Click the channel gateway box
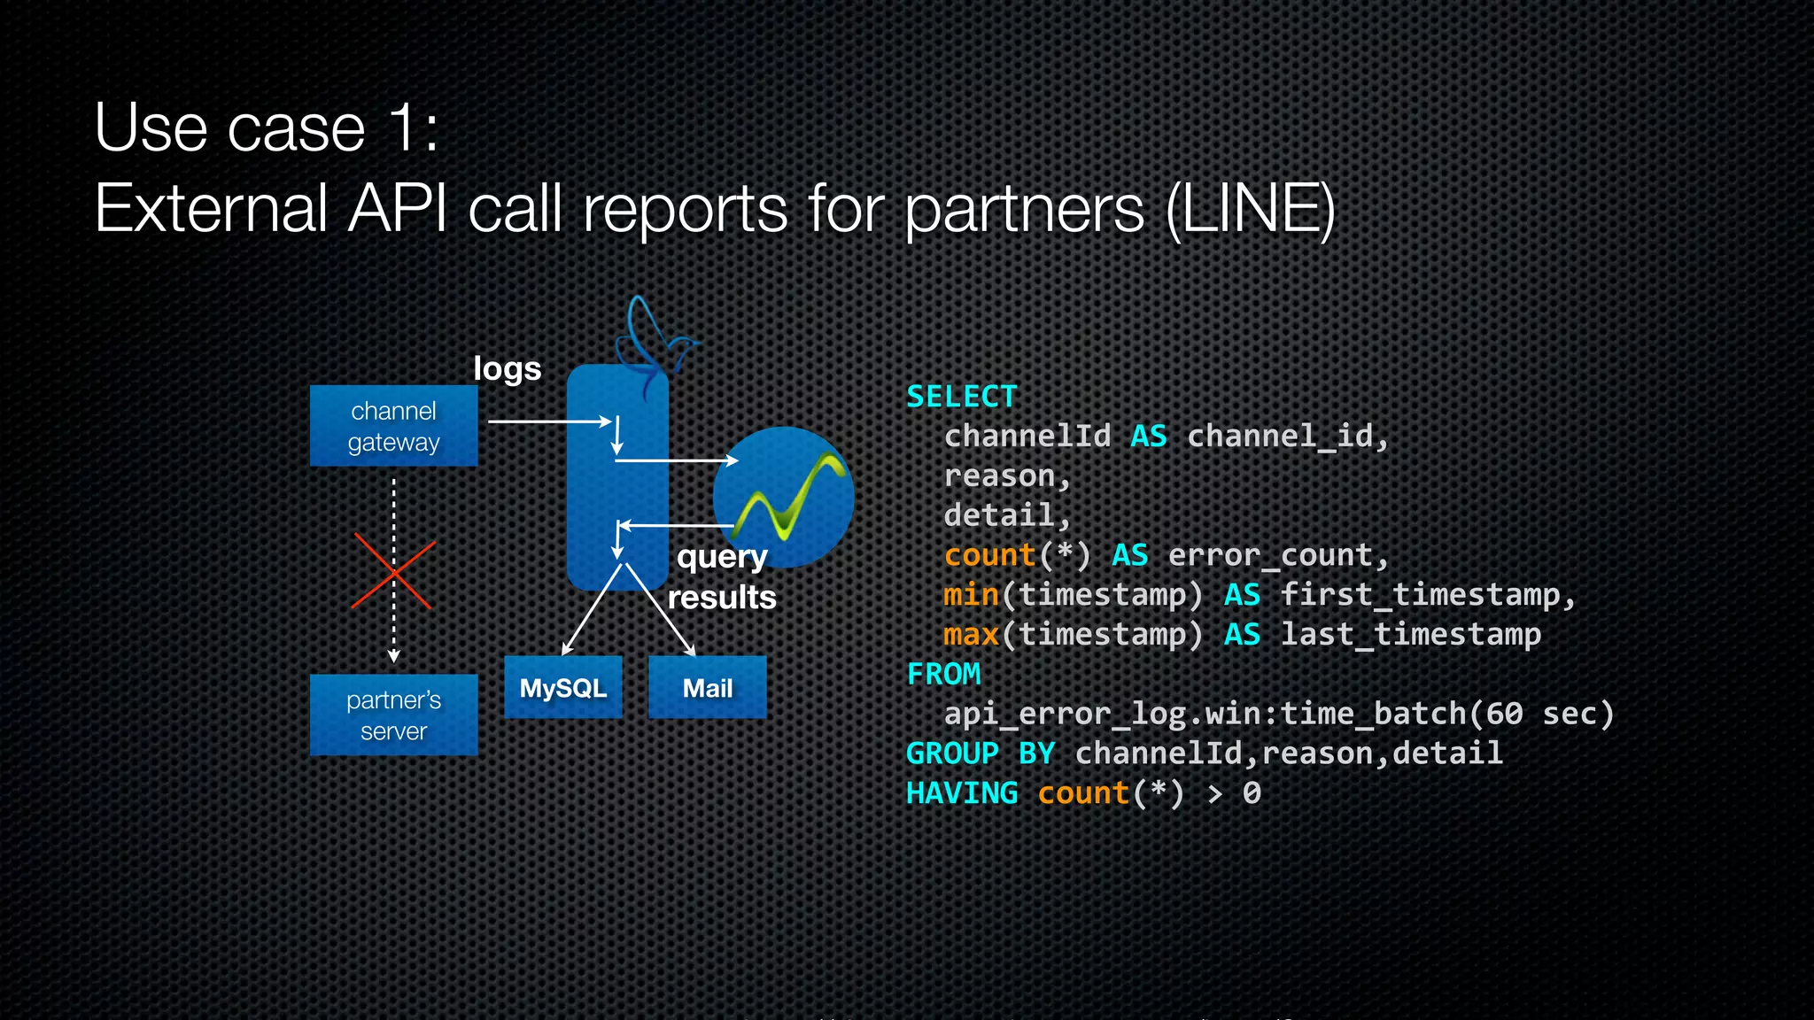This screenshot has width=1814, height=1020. click(393, 426)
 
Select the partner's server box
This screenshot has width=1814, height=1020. click(393, 715)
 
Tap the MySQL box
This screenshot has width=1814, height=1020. click(563, 688)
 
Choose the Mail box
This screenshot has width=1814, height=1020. click(707, 688)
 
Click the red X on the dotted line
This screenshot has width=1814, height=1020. click(393, 572)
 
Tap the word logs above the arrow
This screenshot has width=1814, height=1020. click(507, 368)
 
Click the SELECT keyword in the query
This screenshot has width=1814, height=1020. click(962, 397)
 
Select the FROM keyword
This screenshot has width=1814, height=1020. click(943, 675)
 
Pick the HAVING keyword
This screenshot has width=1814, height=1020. click(962, 793)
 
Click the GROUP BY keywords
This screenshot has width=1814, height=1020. click(980, 753)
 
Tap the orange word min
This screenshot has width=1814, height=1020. click(971, 595)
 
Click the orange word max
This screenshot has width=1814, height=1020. click(971, 635)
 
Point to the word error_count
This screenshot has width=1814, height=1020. click(1270, 556)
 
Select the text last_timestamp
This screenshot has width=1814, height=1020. click(1410, 635)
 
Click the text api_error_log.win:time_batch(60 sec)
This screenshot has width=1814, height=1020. click(1279, 714)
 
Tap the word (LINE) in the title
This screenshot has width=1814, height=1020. click(1250, 209)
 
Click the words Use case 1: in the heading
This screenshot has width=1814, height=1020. click(266, 128)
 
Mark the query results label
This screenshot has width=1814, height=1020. click(721, 577)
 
